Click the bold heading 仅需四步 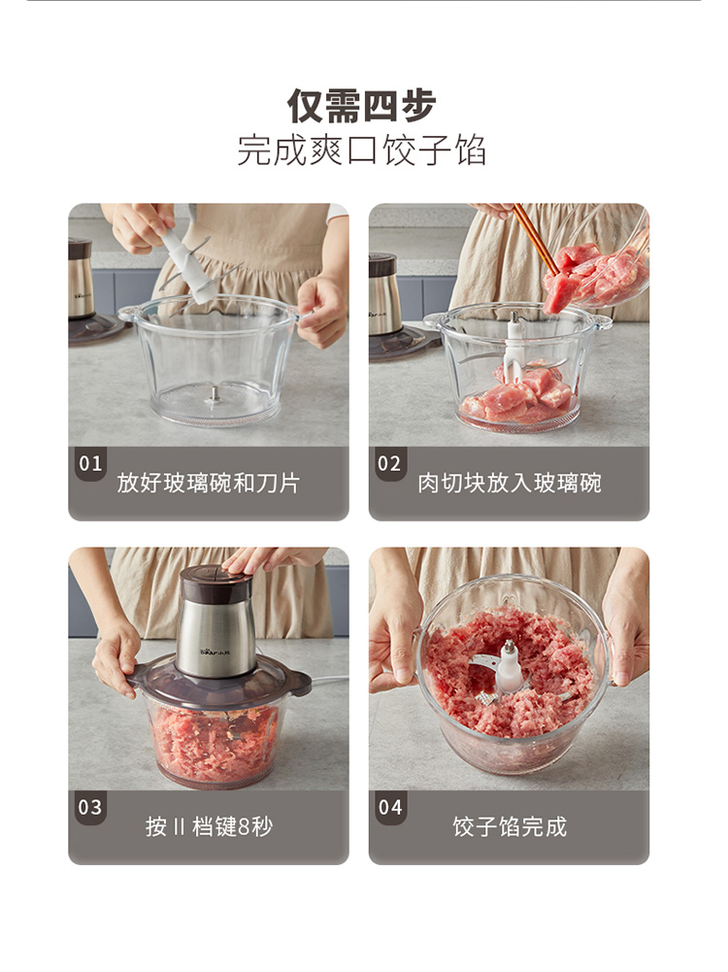pyautogui.click(x=362, y=106)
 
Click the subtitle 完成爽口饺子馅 pyautogui.click(x=362, y=150)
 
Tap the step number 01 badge pyautogui.click(x=90, y=463)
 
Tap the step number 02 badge pyautogui.click(x=389, y=463)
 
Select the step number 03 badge pyautogui.click(x=90, y=807)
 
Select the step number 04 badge pyautogui.click(x=389, y=807)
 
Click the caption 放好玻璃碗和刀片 pyautogui.click(x=209, y=483)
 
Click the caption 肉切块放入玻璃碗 pyautogui.click(x=510, y=483)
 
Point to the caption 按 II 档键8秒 pyautogui.click(x=209, y=826)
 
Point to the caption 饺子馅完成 pyautogui.click(x=510, y=826)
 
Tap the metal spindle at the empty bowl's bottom pyautogui.click(x=215, y=395)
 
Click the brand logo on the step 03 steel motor pyautogui.click(x=215, y=652)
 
